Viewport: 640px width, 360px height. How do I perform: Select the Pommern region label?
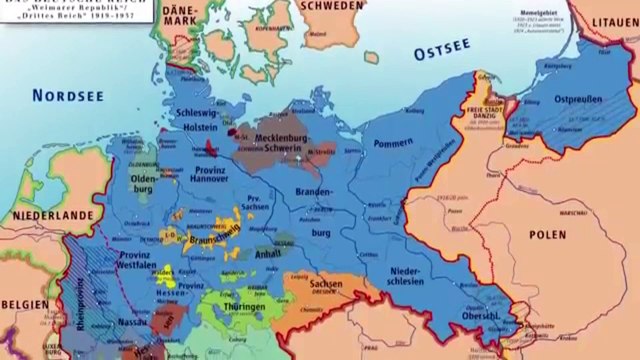click(392, 144)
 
